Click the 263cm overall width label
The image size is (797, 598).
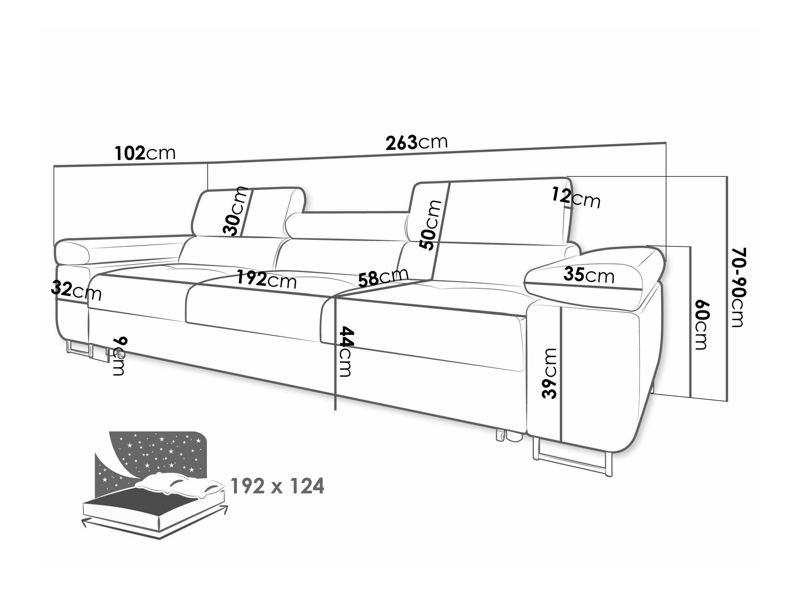point(417,143)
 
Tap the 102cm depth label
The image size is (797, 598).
point(145,153)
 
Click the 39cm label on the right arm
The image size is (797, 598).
point(550,373)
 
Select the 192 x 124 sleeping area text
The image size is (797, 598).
point(277,487)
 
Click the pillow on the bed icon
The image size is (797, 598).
point(179,486)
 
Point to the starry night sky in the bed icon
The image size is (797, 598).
point(159,451)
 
